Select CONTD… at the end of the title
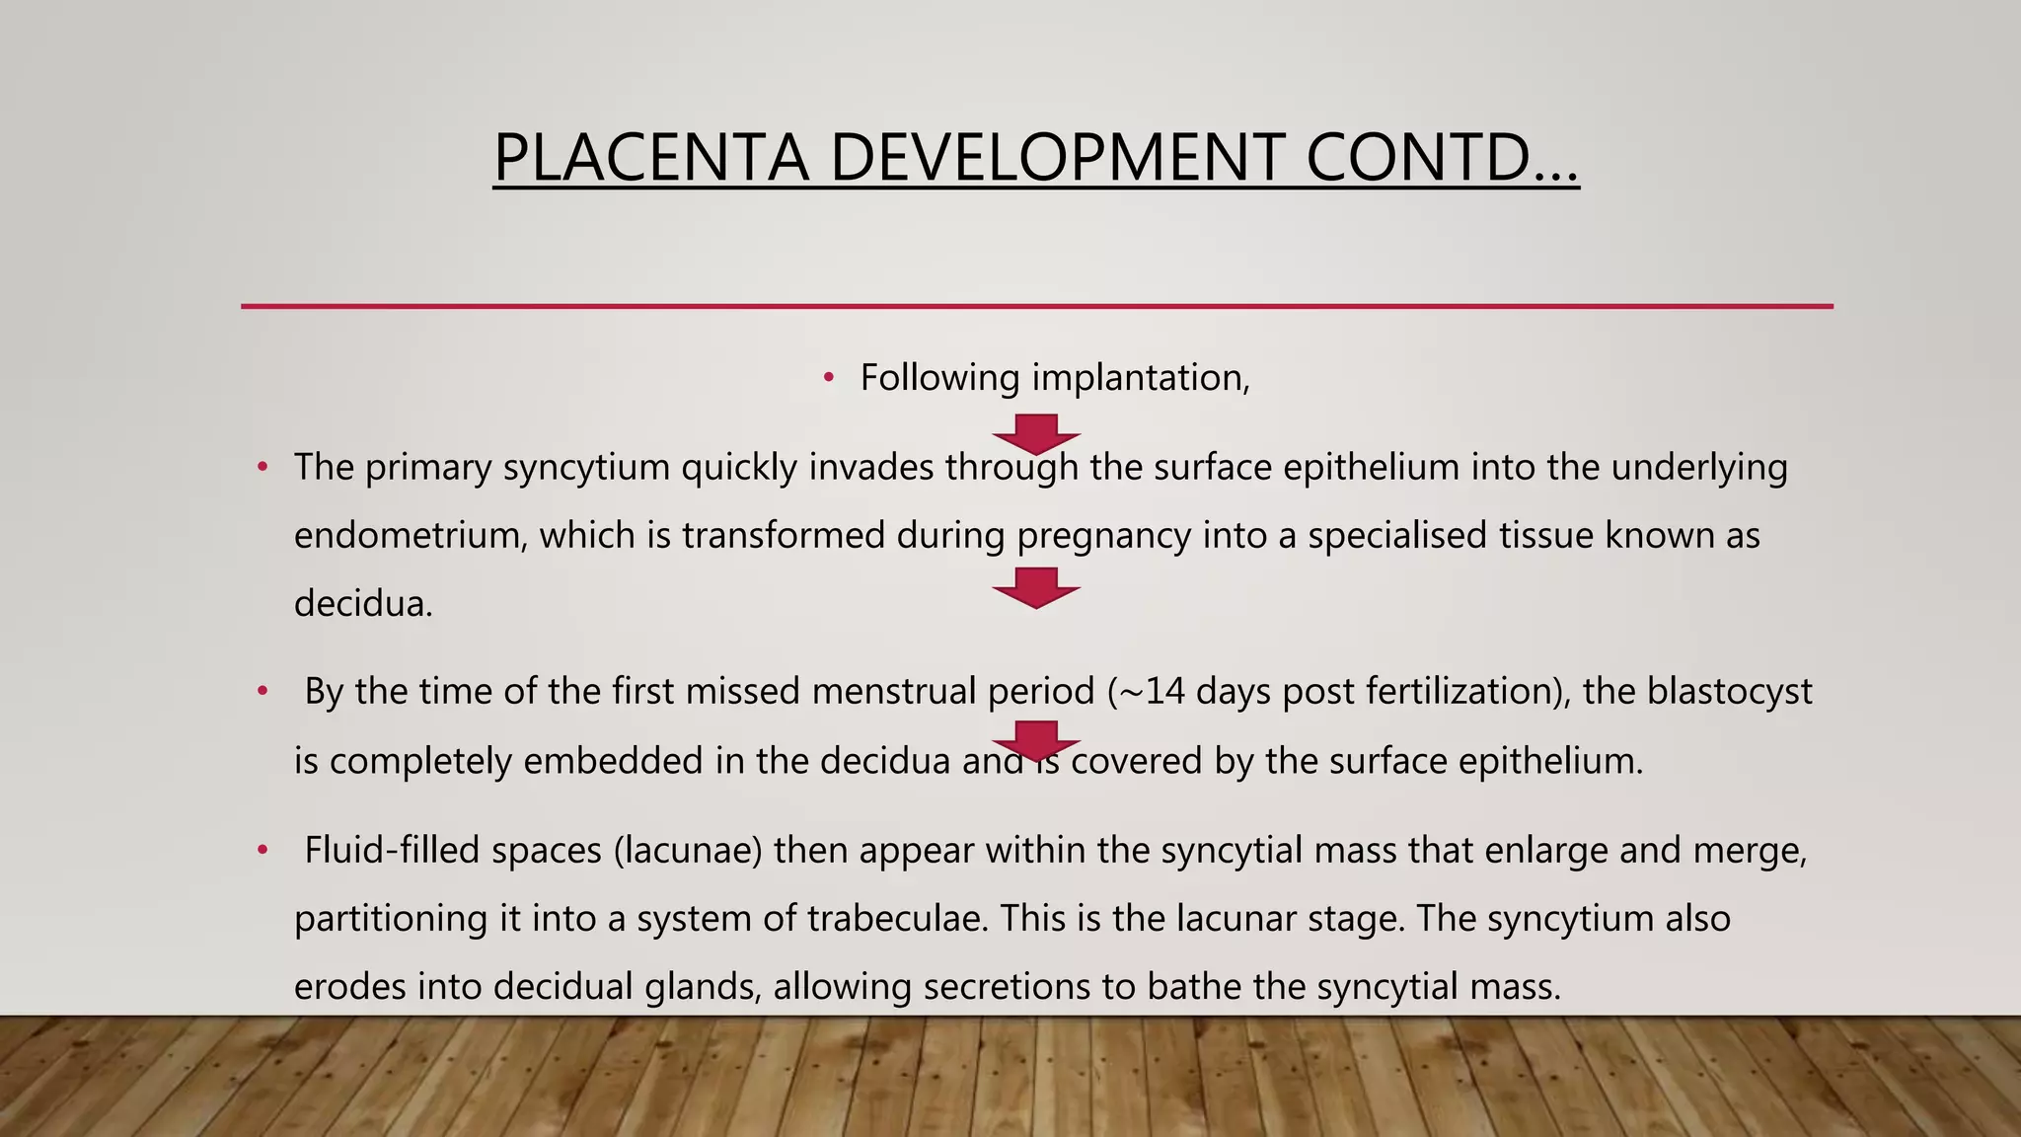pos(1442,158)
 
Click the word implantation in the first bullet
pos(1140,378)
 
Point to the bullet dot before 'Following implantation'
pos(829,378)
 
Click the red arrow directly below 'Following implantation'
pos(1036,433)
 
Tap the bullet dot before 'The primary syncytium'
pos(262,467)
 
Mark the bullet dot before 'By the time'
pos(262,691)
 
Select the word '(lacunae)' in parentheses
pos(688,850)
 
